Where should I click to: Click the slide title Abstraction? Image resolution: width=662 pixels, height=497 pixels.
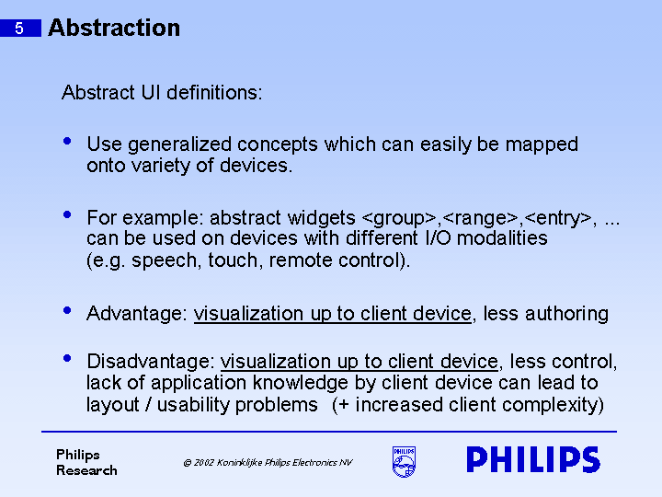click(114, 28)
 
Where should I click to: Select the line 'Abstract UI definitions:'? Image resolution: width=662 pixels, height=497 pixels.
click(162, 93)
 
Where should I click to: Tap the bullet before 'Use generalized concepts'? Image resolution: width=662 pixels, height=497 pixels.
click(66, 142)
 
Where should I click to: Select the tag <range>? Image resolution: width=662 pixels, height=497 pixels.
click(480, 218)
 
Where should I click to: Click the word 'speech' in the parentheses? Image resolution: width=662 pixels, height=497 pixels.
click(164, 260)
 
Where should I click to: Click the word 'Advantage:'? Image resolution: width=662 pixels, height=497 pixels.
click(137, 314)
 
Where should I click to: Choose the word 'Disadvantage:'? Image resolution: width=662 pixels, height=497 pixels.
click(151, 362)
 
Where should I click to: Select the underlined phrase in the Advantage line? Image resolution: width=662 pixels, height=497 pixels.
click(332, 314)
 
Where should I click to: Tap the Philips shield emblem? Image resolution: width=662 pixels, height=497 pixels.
click(404, 462)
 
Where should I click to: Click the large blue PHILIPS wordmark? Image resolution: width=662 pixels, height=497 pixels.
click(532, 460)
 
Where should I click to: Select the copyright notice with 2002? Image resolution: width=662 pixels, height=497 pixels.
click(267, 463)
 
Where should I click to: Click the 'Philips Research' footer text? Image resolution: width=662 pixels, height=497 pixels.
click(86, 462)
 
